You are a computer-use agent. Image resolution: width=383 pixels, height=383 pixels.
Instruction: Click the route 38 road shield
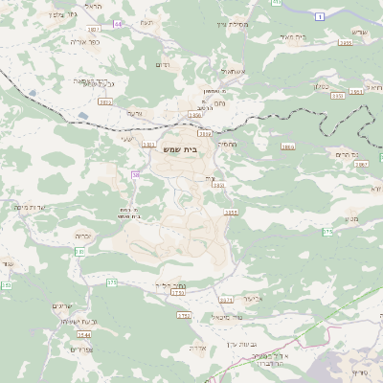137,175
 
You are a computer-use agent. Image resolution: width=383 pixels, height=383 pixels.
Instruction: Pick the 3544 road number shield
84,336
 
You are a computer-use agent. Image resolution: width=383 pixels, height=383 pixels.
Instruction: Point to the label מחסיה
227,144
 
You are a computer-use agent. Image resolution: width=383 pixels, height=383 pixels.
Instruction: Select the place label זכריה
84,234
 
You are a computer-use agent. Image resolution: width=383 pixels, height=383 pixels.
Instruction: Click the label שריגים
64,305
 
